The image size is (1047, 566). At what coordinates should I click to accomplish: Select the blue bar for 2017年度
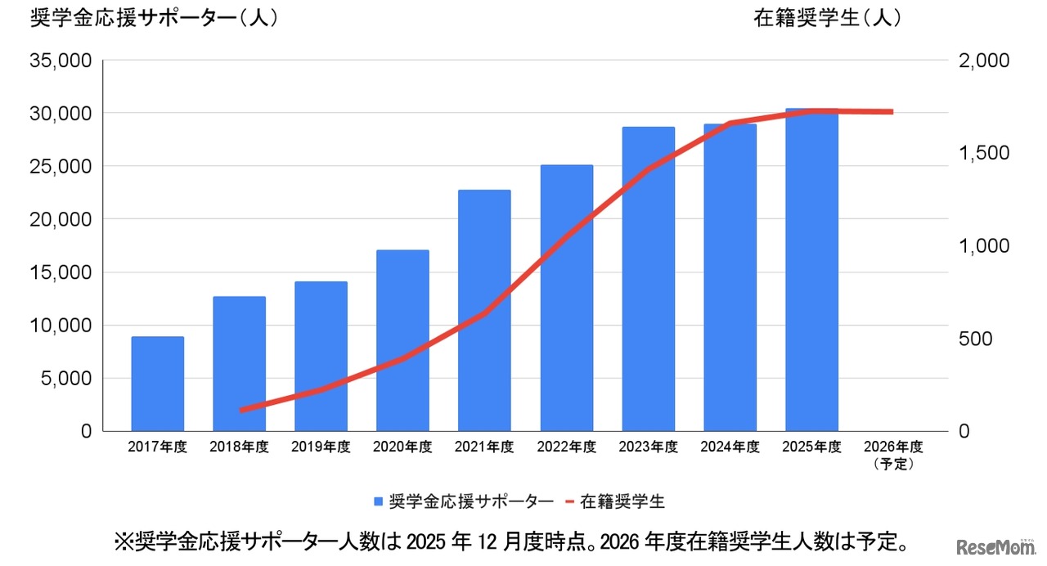158,384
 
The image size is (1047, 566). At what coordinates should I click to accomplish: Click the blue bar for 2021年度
484,311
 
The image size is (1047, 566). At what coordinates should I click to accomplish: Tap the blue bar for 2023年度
648,279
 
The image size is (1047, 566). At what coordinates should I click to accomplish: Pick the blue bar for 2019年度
321,357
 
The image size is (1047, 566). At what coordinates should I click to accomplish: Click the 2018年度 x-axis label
239,447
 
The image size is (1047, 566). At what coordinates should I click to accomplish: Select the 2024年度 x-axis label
730,447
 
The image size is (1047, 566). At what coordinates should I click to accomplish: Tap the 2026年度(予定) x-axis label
893,455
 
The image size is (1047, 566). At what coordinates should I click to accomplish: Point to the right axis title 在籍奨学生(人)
827,18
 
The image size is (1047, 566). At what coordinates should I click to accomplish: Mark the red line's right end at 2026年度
892,112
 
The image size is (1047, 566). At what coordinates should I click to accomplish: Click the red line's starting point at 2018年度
241,410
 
